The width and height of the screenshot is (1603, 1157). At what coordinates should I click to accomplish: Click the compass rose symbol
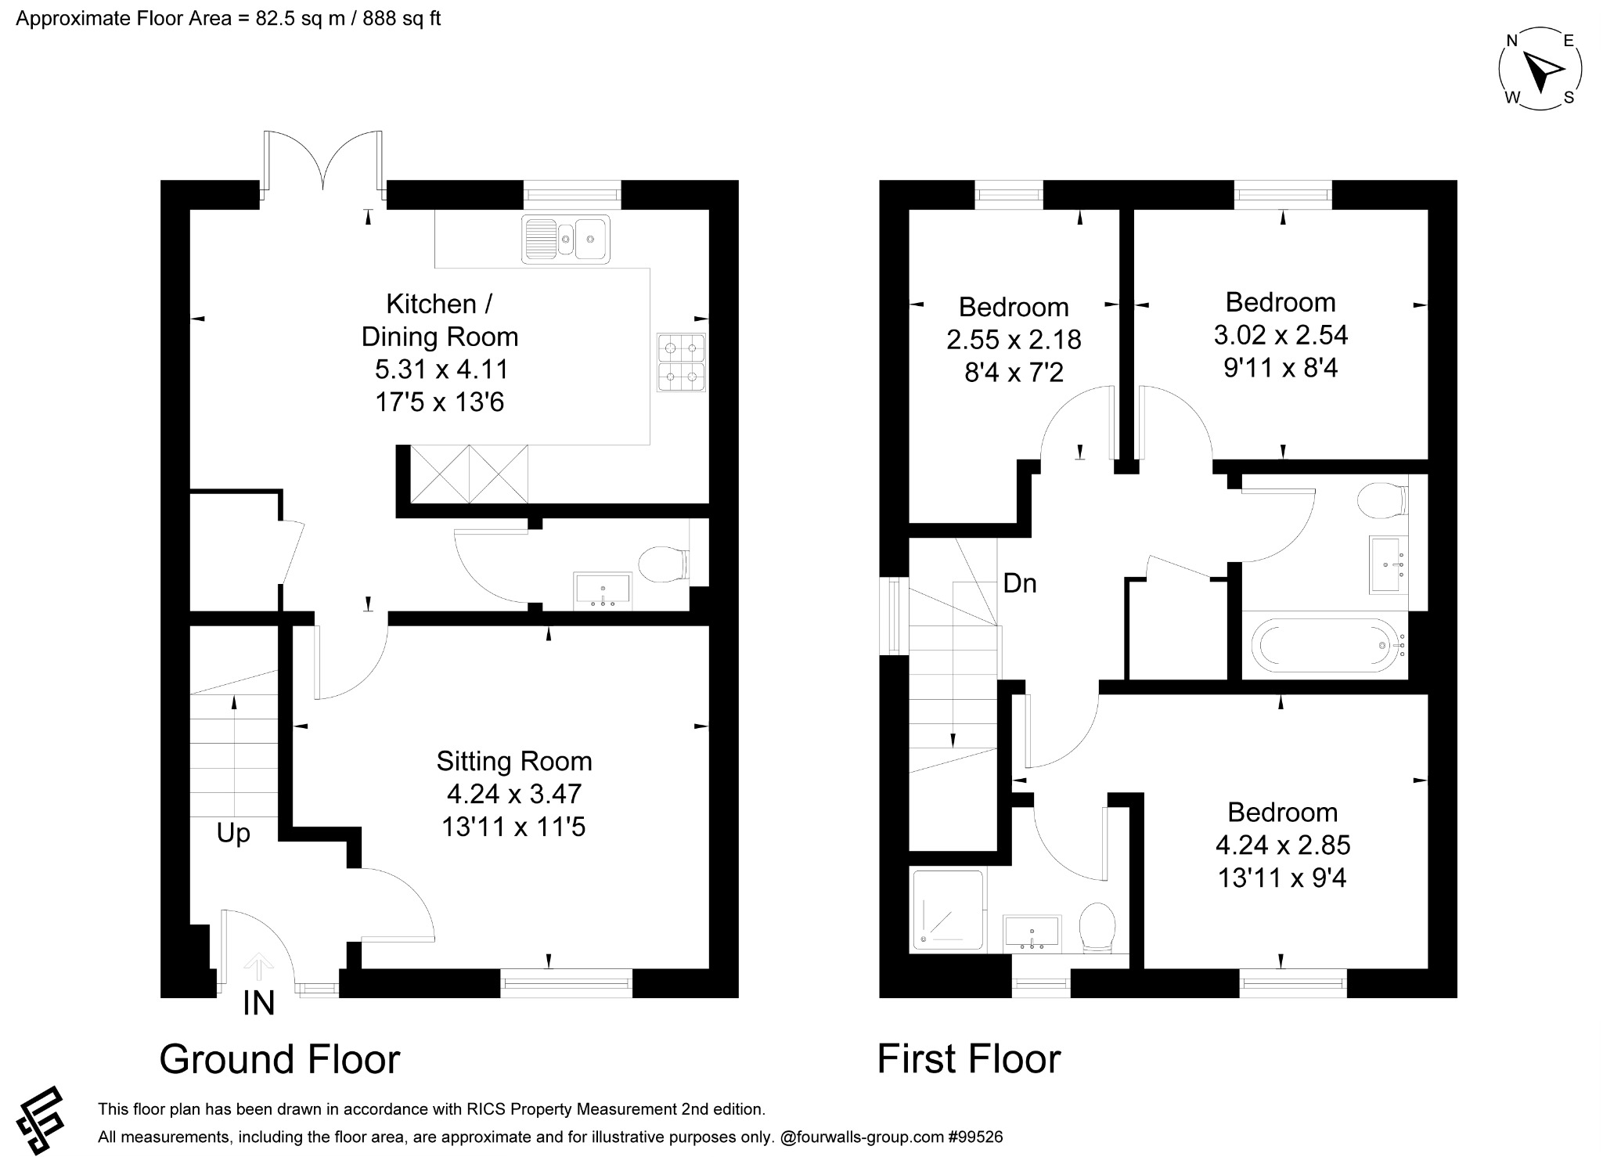tap(1540, 70)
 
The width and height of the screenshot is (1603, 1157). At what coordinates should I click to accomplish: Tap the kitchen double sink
tap(565, 238)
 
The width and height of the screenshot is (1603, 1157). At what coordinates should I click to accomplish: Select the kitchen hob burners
tap(682, 362)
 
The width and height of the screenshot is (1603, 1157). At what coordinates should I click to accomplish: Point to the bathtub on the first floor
tap(1328, 645)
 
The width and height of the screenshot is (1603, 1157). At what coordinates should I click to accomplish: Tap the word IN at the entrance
tap(259, 1004)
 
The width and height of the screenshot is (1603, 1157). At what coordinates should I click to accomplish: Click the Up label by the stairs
tap(233, 833)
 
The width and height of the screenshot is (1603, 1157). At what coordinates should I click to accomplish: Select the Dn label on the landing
tap(1020, 583)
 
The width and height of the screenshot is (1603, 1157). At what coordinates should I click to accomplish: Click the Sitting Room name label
tap(513, 761)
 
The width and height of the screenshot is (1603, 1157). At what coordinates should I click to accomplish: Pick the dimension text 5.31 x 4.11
tap(441, 369)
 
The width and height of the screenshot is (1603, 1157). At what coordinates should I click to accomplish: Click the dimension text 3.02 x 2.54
tap(1281, 335)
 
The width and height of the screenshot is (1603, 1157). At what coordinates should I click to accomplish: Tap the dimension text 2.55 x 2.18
tap(1014, 340)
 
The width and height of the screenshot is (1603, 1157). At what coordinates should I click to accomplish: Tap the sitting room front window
tap(566, 983)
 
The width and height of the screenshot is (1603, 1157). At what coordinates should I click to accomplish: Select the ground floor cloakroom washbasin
tap(602, 589)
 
